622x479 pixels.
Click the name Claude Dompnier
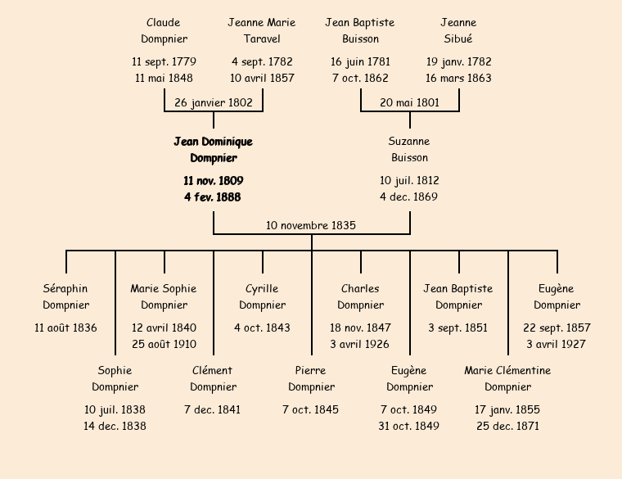(164, 30)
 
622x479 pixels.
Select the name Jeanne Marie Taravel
(262, 30)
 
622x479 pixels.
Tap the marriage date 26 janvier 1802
(214, 102)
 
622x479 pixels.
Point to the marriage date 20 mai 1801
(409, 102)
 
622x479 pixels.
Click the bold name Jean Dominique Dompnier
(213, 150)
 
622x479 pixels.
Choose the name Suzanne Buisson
(409, 150)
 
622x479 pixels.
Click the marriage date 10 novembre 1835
(311, 225)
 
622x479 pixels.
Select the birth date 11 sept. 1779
(164, 61)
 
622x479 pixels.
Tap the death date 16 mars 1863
(458, 78)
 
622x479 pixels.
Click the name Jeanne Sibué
(458, 30)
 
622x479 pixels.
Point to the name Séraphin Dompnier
(65, 296)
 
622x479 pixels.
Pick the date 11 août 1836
(65, 328)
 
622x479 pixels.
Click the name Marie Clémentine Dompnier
(507, 378)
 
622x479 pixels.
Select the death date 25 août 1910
(164, 344)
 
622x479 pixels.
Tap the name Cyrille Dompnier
(262, 296)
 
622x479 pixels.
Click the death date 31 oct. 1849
(409, 426)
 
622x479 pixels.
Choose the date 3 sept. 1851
(458, 328)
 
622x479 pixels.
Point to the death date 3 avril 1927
(557, 344)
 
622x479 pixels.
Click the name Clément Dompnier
(213, 378)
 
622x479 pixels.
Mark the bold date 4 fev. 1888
(213, 197)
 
